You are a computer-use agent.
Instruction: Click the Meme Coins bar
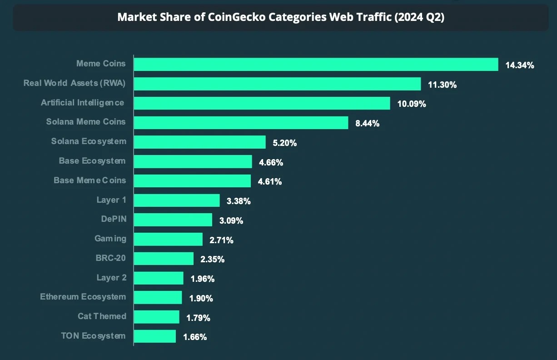316,65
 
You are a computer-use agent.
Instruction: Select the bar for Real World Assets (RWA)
277,84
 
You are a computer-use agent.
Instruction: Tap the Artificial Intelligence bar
262,103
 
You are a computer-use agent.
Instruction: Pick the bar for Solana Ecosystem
199,142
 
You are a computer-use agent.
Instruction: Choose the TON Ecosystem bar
154,336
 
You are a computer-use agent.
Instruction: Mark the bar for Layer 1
177,200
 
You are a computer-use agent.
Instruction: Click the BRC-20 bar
164,259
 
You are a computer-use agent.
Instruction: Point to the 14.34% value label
519,65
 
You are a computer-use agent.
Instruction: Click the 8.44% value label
367,123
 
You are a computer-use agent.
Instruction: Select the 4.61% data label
269,182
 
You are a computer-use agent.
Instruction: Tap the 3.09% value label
231,220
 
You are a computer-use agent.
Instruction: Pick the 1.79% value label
198,318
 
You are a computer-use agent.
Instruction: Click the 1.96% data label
202,279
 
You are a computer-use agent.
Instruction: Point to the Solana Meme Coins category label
86,122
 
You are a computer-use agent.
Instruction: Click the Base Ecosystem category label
92,161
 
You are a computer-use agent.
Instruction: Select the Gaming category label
110,239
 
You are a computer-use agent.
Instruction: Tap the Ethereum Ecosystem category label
83,297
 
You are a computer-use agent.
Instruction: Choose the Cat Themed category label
102,316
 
